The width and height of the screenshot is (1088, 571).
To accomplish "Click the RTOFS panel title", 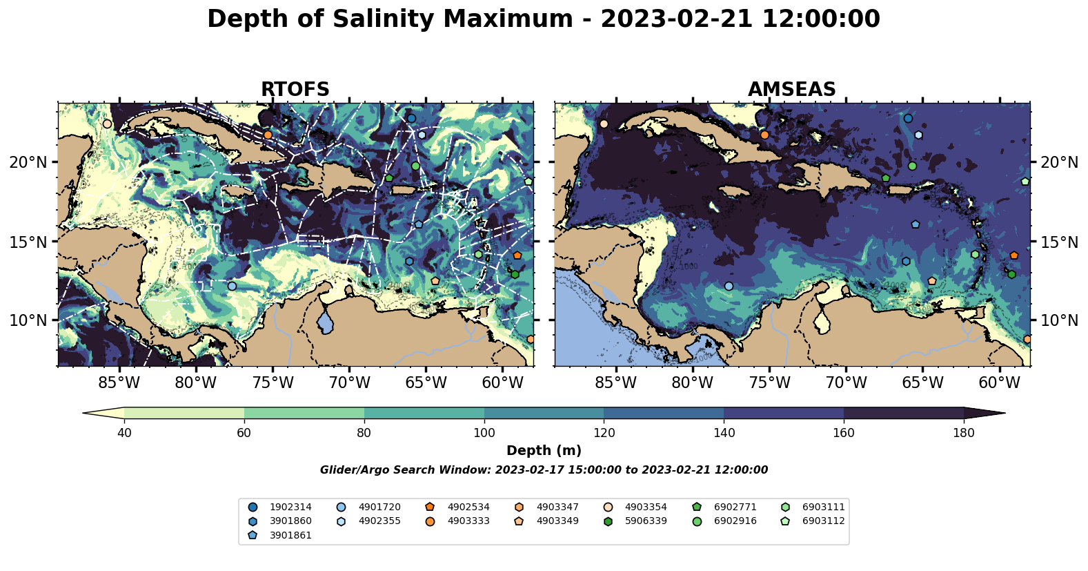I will click(295, 90).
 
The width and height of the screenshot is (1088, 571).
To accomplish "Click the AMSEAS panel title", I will click(791, 90).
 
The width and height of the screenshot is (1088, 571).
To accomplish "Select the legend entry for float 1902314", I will click(290, 507).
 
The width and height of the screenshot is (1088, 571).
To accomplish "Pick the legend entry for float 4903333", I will click(468, 521).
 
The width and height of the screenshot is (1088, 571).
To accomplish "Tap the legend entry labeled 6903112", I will click(823, 521).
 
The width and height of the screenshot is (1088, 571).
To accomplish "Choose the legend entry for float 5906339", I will click(646, 521).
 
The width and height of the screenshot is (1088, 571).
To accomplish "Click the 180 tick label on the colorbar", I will click(963, 433).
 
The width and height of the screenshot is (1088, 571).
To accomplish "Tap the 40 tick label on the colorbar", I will click(124, 433).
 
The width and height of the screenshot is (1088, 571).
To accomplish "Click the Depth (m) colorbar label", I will click(544, 451).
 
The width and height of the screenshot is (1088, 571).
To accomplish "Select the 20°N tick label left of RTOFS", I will click(28, 162).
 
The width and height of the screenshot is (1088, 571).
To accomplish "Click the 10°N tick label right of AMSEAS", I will click(1059, 320).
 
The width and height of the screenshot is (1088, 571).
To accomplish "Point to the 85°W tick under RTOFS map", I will click(119, 383).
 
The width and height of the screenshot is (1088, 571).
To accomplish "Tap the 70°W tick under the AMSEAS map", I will click(846, 383).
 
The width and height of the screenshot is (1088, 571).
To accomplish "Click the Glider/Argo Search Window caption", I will click(544, 470).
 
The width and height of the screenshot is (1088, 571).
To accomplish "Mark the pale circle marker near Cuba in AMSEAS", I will click(604, 124).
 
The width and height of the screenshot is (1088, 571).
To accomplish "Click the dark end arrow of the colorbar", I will click(985, 413).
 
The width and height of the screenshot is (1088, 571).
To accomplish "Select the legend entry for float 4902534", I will click(468, 507).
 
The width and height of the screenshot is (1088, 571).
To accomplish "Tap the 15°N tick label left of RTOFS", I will click(28, 242).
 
